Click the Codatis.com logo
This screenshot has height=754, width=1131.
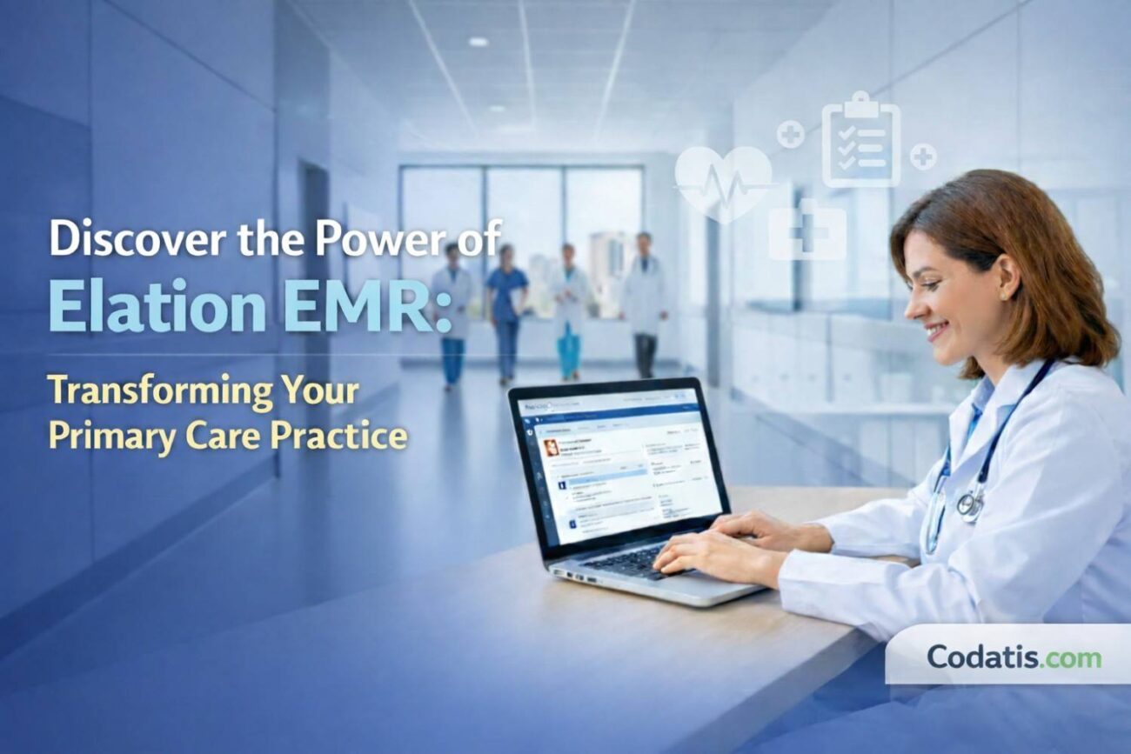[x=1014, y=657]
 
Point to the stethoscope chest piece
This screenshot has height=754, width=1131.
[x=967, y=505]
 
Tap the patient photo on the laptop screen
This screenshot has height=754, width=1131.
[x=552, y=448]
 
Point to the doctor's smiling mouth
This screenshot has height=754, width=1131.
[x=935, y=330]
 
